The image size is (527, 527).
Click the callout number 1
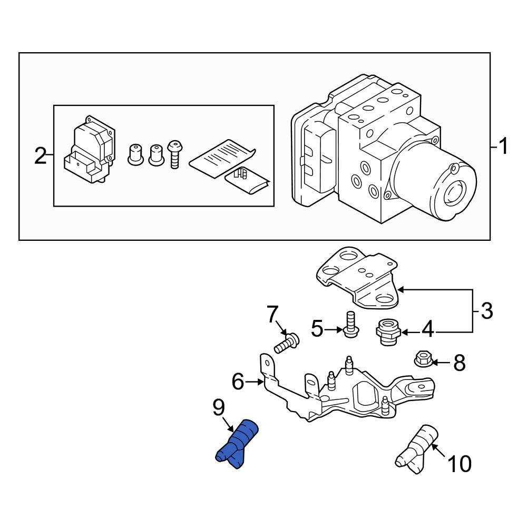pyautogui.click(x=503, y=146)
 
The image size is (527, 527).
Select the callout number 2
pyautogui.click(x=40, y=156)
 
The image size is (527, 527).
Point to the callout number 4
pyautogui.click(x=427, y=330)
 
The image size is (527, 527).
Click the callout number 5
pyautogui.click(x=317, y=329)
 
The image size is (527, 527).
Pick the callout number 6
pyautogui.click(x=238, y=381)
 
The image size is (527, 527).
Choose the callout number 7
pyautogui.click(x=271, y=315)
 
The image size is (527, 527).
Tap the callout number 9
pyautogui.click(x=218, y=407)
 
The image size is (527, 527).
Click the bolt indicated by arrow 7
pyautogui.click(x=286, y=343)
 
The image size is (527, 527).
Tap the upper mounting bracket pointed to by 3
pyautogui.click(x=358, y=277)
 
